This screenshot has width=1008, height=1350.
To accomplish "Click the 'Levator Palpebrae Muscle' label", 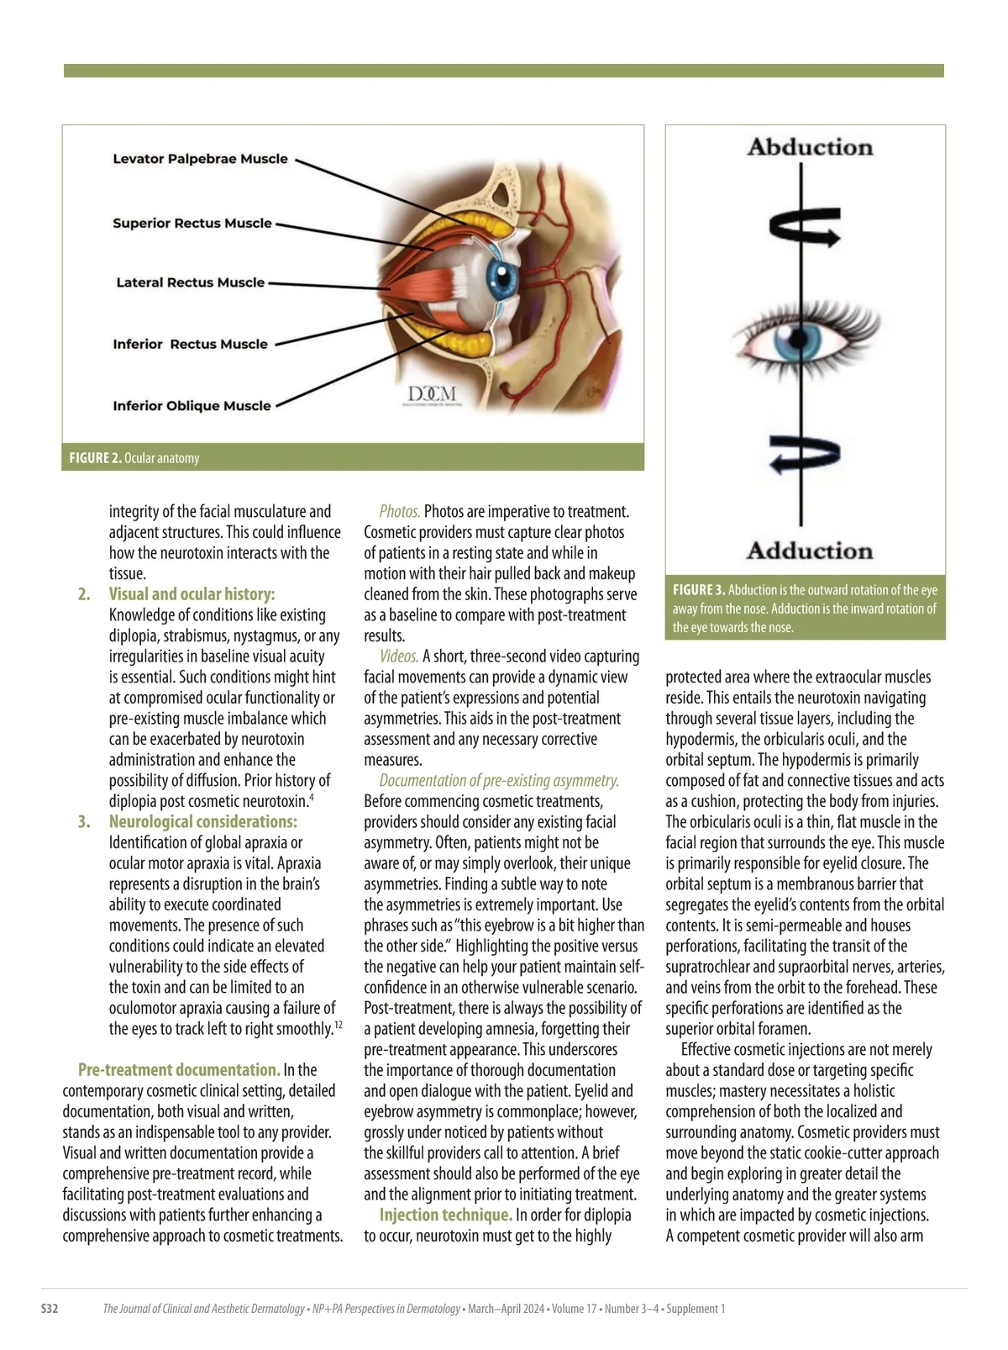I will [200, 159].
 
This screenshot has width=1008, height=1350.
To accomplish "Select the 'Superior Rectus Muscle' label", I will [192, 224].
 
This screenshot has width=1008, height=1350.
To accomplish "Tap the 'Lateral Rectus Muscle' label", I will [191, 282].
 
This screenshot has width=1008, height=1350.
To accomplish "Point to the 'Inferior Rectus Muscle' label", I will [191, 344].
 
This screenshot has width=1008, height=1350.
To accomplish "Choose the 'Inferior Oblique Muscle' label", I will [192, 406].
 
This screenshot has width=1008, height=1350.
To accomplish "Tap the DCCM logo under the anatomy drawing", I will [433, 394].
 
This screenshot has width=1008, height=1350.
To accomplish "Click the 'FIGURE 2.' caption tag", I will [95, 458].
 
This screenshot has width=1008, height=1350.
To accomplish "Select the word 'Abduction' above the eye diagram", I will [810, 147].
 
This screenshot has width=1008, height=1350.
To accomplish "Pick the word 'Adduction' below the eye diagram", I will [810, 551].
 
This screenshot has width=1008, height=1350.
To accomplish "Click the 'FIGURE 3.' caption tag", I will [699, 589].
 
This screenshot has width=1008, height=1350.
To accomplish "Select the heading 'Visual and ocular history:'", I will [192, 594].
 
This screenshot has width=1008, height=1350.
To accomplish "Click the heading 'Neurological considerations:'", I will [202, 821].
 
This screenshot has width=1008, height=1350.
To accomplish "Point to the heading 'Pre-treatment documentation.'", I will [179, 1070].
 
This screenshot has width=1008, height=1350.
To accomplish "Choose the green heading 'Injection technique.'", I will [445, 1215].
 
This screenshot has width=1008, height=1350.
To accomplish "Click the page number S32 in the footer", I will [50, 1309].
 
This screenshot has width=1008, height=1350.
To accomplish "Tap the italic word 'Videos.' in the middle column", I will [399, 657].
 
